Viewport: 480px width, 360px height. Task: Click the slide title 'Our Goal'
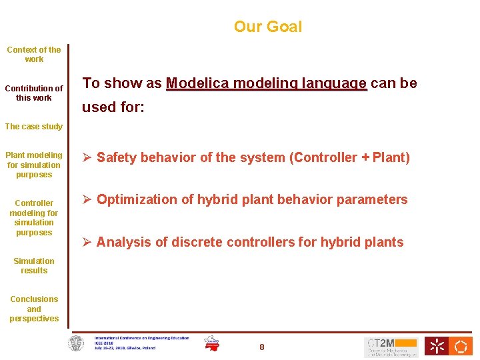point(267,27)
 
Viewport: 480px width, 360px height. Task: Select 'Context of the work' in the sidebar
point(34,54)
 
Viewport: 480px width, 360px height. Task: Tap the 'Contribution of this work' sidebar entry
point(34,93)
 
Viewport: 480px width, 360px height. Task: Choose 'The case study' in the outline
point(34,126)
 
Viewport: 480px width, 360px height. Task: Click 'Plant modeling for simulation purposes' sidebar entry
point(34,165)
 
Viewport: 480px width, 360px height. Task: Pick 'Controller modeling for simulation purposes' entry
point(34,217)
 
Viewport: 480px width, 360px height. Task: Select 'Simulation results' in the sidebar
point(34,265)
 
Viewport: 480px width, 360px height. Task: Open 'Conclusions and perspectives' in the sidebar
point(34,309)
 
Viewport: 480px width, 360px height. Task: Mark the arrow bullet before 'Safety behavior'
point(87,158)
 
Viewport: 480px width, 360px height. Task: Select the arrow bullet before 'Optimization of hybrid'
point(87,199)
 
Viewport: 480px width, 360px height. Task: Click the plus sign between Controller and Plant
point(365,158)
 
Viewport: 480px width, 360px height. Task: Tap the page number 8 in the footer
point(262,347)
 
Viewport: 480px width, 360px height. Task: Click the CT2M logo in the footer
point(391,346)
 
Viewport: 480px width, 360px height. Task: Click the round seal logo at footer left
point(77,343)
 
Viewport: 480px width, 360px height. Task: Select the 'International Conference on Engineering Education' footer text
point(141,338)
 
